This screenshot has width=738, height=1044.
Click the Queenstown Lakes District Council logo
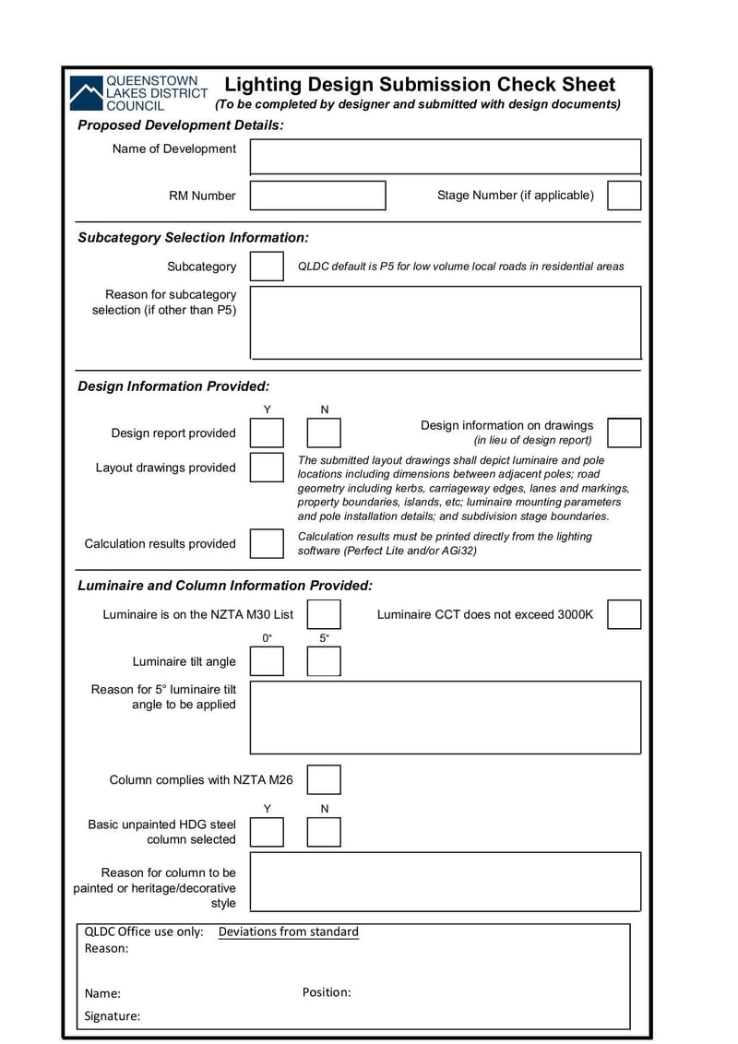coord(139,93)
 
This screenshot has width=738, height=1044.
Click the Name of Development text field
coord(445,156)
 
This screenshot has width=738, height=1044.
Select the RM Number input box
coord(317,196)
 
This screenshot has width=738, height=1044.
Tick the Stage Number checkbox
coord(624,196)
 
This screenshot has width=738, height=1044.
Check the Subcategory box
coord(268,267)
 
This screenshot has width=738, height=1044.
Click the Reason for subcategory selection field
coord(445,322)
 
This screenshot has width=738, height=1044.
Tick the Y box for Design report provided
coord(268,433)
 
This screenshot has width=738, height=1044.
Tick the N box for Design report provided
coord(324,433)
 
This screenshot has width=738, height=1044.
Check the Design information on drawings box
coord(624,433)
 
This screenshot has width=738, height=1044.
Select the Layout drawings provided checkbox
coord(268,468)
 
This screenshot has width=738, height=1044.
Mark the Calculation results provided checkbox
coord(268,543)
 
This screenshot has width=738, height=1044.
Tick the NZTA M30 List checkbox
coord(324,614)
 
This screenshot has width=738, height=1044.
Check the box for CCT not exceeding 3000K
coord(624,614)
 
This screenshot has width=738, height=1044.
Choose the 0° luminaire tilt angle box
coord(268,661)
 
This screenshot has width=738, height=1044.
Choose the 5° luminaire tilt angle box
coord(324,661)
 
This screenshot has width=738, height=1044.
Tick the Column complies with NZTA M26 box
coord(324,780)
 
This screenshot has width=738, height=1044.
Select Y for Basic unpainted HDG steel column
coord(268,832)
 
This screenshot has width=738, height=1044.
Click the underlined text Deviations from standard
coord(288,931)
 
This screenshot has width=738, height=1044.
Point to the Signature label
coord(113,1015)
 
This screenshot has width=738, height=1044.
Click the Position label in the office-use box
coord(327,992)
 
